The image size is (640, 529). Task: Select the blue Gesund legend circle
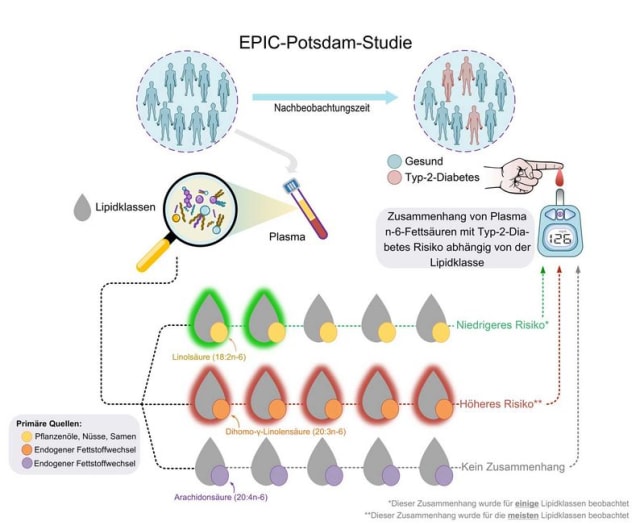point(395,161)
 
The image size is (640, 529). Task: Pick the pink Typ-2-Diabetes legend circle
point(395,178)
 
